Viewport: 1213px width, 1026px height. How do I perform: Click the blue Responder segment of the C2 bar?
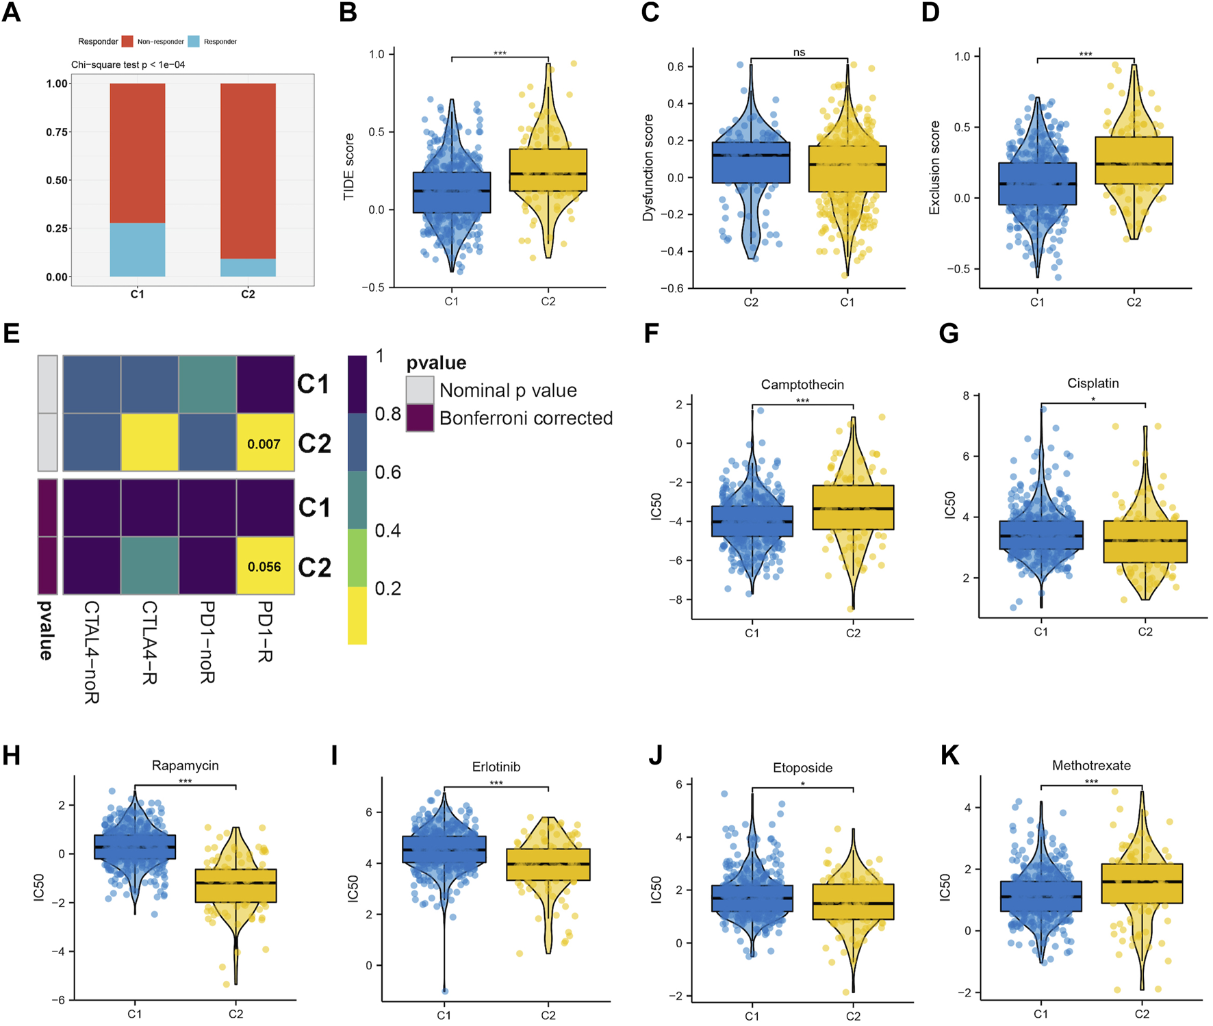[x=248, y=268]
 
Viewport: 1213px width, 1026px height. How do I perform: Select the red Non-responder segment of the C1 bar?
[x=137, y=153]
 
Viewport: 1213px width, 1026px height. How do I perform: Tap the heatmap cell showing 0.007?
[x=265, y=443]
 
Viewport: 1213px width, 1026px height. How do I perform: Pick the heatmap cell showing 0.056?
[x=265, y=566]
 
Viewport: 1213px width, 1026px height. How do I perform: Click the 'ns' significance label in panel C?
[x=799, y=53]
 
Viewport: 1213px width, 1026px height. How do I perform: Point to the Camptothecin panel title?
[x=802, y=385]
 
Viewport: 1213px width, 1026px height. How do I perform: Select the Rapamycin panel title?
[x=185, y=765]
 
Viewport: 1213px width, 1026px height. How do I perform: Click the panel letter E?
[x=11, y=334]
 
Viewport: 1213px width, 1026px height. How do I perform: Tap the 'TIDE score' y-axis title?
[x=349, y=167]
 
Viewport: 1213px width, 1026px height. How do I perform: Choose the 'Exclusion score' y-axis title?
[x=934, y=168]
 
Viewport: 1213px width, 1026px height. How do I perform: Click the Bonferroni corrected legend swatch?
[x=420, y=418]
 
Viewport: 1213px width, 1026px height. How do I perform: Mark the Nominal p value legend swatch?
[x=420, y=390]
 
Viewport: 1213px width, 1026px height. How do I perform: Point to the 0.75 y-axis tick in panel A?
[x=57, y=132]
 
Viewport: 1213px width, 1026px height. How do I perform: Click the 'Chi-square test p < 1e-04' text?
[x=128, y=65]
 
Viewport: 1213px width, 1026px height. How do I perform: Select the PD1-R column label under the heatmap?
[x=266, y=632]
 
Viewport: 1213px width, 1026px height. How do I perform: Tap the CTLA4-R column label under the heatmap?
[x=149, y=642]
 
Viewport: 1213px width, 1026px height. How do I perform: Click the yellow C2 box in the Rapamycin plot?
[x=235, y=886]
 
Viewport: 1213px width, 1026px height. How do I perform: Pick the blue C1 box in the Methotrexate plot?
[x=1040, y=896]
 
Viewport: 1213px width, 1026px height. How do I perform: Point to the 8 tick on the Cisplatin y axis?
[x=966, y=396]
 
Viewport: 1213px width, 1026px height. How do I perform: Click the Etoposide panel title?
[x=802, y=768]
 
